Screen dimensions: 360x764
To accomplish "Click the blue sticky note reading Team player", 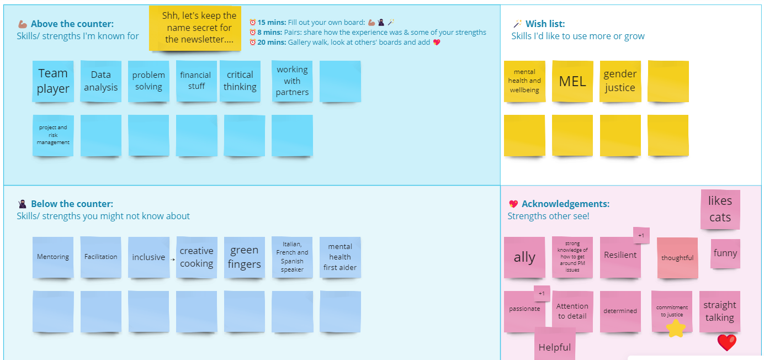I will click(53, 81).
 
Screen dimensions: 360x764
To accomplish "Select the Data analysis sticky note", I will click(101, 81).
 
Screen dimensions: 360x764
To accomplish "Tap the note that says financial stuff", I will click(197, 81).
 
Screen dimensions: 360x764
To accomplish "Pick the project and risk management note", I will click(53, 135).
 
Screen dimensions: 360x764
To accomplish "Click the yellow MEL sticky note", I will click(572, 82).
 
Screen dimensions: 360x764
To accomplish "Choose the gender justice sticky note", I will click(620, 81).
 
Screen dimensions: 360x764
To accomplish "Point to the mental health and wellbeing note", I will click(524, 81).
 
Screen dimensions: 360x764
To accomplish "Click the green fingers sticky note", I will click(245, 257).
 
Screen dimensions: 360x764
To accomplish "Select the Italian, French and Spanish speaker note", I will click(292, 257).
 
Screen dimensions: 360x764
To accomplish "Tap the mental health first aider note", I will click(340, 257).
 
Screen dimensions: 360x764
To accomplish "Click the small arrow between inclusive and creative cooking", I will click(173, 258).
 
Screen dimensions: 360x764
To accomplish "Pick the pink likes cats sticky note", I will click(720, 209).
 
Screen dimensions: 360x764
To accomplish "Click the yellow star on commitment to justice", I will click(676, 329).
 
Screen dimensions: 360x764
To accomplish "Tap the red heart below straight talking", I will click(726, 342).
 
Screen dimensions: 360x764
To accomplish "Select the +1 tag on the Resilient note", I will click(641, 236).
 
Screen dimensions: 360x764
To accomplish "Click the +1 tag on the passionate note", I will click(542, 294).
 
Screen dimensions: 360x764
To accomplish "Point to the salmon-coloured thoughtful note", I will click(677, 258).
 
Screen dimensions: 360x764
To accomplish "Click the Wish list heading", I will click(545, 24).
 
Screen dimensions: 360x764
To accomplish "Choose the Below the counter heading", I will click(72, 204).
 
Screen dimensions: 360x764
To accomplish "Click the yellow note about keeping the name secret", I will click(195, 28).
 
